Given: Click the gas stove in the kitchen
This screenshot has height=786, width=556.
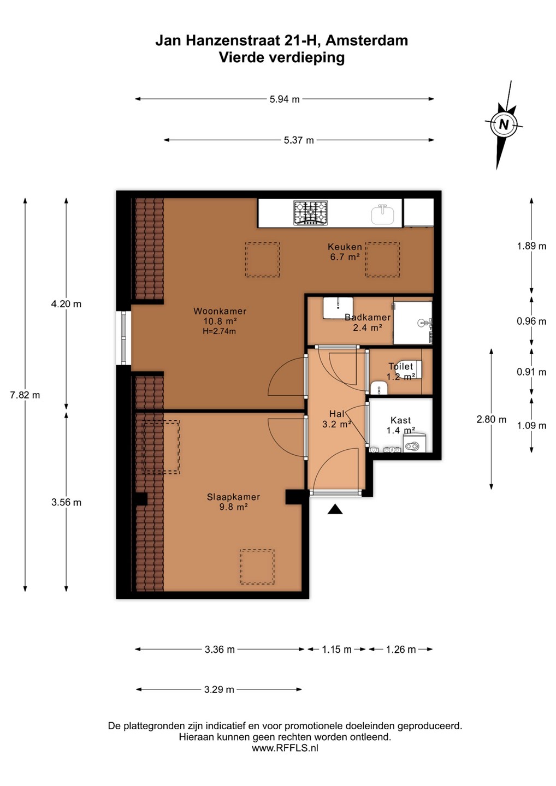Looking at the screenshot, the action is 310,213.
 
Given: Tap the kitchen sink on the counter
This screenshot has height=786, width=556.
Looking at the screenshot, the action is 383,215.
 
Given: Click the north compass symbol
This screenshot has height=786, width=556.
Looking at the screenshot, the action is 504,125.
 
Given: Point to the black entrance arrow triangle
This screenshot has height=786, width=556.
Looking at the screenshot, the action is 335,509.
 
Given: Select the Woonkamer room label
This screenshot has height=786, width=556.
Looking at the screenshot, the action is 220,311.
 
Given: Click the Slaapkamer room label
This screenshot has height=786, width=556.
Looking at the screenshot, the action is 233,497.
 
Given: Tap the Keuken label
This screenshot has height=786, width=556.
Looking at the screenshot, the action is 345,246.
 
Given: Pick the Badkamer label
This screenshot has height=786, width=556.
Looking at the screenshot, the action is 368,317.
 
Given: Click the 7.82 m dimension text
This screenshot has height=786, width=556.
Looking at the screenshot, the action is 25,395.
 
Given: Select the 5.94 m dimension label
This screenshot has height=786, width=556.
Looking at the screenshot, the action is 285,99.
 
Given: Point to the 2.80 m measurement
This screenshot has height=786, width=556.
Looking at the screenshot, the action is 492,419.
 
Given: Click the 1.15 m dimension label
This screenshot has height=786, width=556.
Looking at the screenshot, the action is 336,650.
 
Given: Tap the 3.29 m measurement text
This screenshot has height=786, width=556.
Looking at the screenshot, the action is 219,689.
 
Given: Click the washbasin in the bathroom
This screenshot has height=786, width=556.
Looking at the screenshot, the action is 338,308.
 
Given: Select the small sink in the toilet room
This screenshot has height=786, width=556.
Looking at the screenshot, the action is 378,388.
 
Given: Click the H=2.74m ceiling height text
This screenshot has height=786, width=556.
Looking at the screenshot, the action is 219,331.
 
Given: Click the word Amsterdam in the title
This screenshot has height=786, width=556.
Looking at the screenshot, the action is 367,41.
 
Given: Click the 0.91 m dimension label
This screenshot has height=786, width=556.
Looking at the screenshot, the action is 531,372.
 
